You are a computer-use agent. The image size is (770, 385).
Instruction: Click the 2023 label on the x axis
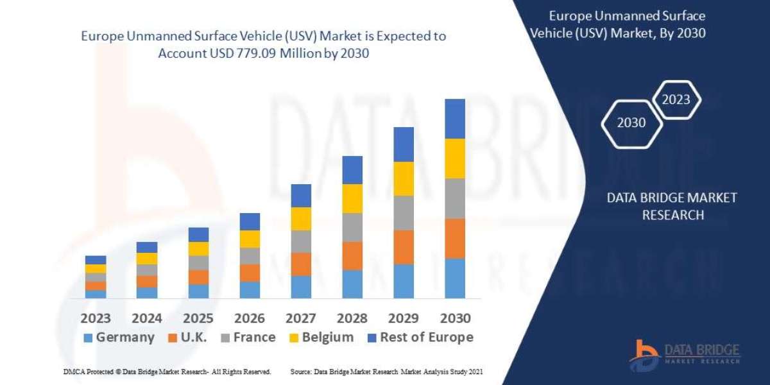(x=95, y=318)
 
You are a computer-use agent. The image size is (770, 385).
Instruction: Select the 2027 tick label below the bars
(x=301, y=318)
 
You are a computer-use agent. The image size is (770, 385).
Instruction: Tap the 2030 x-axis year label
(x=455, y=318)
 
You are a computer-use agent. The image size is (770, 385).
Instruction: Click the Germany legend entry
(x=119, y=338)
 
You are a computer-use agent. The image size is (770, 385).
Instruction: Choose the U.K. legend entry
(x=187, y=338)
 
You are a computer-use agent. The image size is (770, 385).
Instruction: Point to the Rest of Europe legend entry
(x=420, y=338)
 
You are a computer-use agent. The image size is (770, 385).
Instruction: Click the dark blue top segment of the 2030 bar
(x=455, y=119)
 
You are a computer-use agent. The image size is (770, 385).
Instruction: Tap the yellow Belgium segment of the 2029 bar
(x=404, y=178)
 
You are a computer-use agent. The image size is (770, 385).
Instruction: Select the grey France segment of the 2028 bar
(x=352, y=227)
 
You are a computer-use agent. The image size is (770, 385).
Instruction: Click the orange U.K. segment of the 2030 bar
(x=455, y=238)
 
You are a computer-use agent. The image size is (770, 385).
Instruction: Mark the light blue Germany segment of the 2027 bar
(x=301, y=287)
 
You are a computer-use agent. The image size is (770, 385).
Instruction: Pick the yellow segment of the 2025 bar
(x=198, y=249)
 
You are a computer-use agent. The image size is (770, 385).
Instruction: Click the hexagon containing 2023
(x=676, y=99)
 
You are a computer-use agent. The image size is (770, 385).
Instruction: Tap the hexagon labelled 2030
(x=631, y=123)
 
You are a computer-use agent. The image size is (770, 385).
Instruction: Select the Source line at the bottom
(x=386, y=372)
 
